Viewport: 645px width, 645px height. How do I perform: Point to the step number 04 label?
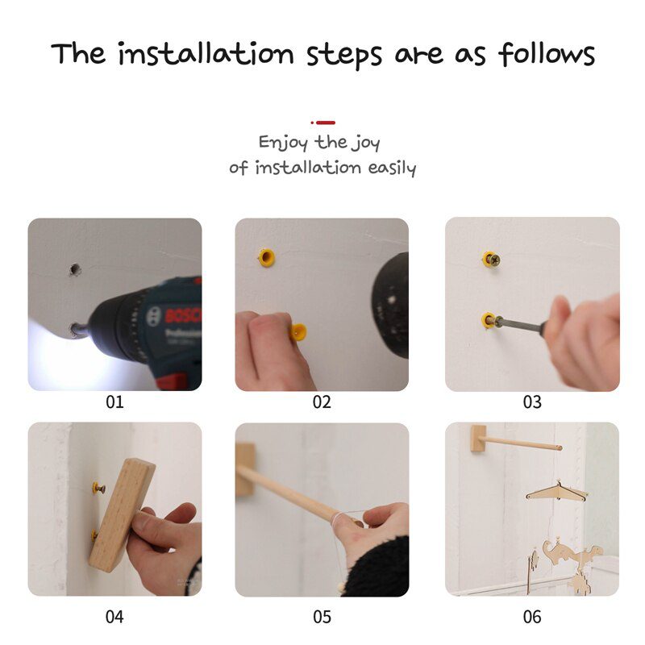tap(115, 617)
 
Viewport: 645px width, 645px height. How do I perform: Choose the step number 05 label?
tap(322, 617)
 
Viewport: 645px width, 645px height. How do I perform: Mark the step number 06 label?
tap(532, 617)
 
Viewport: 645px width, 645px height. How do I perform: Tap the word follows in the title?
tap(546, 54)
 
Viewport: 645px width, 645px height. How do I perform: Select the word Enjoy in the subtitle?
tap(283, 143)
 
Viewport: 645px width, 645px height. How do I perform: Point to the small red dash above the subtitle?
tap(325, 123)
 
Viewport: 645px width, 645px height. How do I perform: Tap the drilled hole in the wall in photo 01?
tap(75, 268)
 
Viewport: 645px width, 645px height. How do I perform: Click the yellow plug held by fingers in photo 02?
tap(298, 331)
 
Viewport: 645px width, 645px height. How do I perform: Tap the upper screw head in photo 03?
tap(492, 259)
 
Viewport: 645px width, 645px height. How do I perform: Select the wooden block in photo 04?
tap(122, 513)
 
